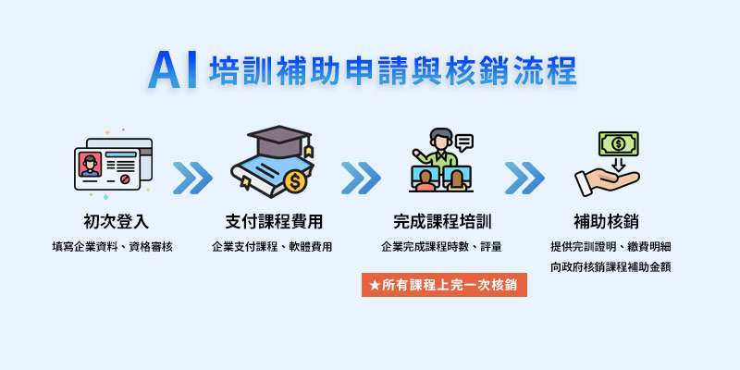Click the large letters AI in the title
(172, 70)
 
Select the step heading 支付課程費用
(274, 221)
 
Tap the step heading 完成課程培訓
(442, 221)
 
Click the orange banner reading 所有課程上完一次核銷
(444, 285)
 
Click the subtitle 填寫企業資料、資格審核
(112, 247)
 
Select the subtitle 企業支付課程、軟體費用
(272, 247)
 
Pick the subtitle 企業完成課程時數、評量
(441, 247)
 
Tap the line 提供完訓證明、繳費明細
(610, 247)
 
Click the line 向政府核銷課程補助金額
(610, 267)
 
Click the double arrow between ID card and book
(192, 178)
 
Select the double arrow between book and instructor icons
(361, 178)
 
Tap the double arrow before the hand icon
(524, 178)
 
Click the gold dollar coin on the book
(295, 181)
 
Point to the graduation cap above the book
(280, 141)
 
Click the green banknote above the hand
(618, 144)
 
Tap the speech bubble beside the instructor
(464, 142)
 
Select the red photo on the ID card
(90, 165)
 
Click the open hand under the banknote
(607, 181)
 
